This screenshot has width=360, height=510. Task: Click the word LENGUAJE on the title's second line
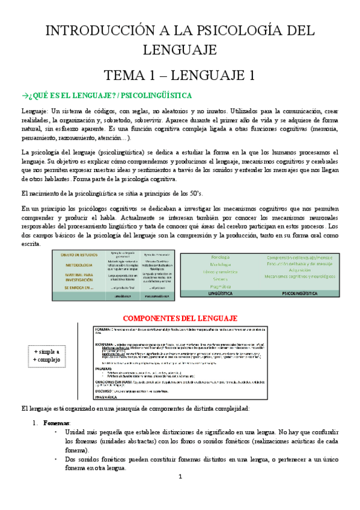click(180, 50)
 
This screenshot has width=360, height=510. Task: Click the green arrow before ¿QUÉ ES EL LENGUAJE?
click(24, 96)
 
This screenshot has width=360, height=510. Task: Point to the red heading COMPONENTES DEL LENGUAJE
click(180, 318)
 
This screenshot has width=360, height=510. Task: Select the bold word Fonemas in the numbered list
click(57, 407)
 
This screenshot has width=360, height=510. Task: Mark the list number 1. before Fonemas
click(35, 407)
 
